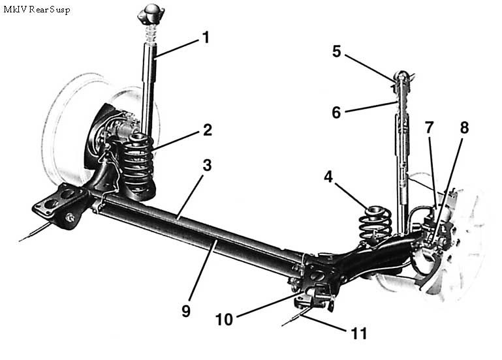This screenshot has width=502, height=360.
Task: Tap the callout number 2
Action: [207, 130]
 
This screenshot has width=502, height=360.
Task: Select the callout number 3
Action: [206, 166]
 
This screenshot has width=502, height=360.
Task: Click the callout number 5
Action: [336, 52]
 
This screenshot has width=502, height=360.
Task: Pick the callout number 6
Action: [336, 112]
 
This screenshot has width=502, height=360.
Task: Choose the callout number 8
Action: [464, 127]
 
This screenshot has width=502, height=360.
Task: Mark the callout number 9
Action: [186, 311]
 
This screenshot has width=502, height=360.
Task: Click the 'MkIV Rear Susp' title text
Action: [37, 10]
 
